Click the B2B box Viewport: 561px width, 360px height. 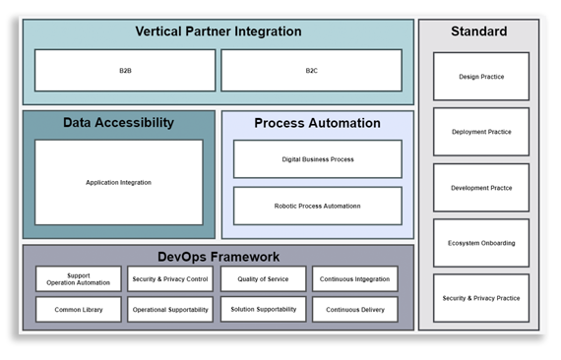coord(125,71)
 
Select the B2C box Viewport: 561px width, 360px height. coord(311,71)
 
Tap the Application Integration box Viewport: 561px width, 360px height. coord(118,182)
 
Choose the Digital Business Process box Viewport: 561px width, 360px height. coord(317,159)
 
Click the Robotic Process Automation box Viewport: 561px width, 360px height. coord(317,206)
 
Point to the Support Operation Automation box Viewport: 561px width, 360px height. coord(79,279)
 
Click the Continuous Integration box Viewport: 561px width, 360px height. coord(354,279)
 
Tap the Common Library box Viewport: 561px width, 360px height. coord(79,310)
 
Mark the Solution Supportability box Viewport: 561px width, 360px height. coord(263,310)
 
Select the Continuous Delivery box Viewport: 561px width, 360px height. coord(354,310)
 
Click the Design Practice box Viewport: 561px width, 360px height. coord(480,77)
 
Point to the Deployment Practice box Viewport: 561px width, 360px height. coord(480,132)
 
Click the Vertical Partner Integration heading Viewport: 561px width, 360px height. coord(218,31)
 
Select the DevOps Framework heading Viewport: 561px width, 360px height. coord(218,257)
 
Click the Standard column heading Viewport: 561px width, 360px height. coord(479,31)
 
